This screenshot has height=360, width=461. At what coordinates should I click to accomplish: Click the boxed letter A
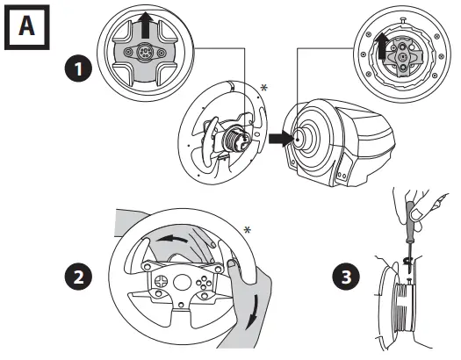click(x=26, y=27)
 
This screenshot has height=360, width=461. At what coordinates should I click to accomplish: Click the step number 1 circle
click(x=78, y=69)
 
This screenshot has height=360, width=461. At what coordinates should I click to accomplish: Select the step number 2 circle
click(x=78, y=277)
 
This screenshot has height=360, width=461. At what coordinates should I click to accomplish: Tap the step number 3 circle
click(x=346, y=277)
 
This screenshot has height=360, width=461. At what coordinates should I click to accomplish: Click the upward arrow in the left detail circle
click(x=146, y=25)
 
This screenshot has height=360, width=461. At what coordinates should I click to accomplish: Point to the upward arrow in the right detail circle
click(x=382, y=46)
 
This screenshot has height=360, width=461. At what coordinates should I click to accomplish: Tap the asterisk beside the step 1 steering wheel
click(x=264, y=88)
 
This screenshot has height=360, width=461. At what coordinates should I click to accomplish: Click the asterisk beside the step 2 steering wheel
click(x=248, y=230)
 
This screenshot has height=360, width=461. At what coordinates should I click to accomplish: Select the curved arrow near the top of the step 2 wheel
click(x=171, y=238)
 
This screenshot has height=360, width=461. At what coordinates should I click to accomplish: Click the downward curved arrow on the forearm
click(x=253, y=312)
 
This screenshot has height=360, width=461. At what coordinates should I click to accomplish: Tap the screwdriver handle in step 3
click(x=409, y=222)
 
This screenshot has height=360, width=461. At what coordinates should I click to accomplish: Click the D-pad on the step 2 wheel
click(x=162, y=281)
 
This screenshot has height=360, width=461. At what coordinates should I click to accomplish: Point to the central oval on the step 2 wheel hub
click(x=183, y=283)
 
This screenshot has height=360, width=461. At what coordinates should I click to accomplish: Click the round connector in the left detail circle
click(x=145, y=53)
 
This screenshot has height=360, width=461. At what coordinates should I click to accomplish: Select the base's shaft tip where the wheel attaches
click(x=298, y=140)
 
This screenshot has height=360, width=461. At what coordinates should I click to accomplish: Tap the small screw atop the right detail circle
click(x=405, y=20)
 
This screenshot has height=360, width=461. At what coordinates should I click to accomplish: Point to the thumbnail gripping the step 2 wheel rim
click(x=233, y=263)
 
